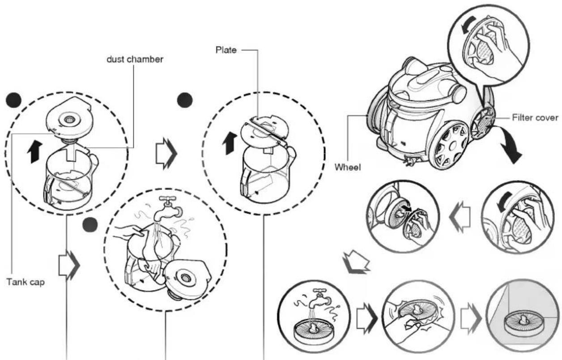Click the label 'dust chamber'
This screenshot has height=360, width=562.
(x=135, y=60)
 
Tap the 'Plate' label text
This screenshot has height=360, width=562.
(x=226, y=50)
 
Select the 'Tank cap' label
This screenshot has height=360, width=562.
(x=26, y=282)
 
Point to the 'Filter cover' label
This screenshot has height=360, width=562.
(x=535, y=117)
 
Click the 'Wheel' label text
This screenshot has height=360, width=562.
(x=348, y=167)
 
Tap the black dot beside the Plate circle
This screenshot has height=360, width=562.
(x=185, y=100)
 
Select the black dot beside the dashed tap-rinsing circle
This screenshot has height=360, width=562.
(x=90, y=225)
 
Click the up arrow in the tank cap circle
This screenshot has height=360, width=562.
(x=34, y=152)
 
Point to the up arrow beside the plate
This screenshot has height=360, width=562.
(x=230, y=143)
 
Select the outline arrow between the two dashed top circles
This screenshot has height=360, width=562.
(x=166, y=154)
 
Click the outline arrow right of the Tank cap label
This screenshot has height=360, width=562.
(x=69, y=265)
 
